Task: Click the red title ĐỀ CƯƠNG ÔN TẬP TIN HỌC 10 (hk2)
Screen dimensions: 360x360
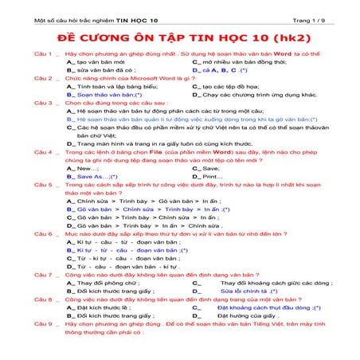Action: (x=180, y=37)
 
